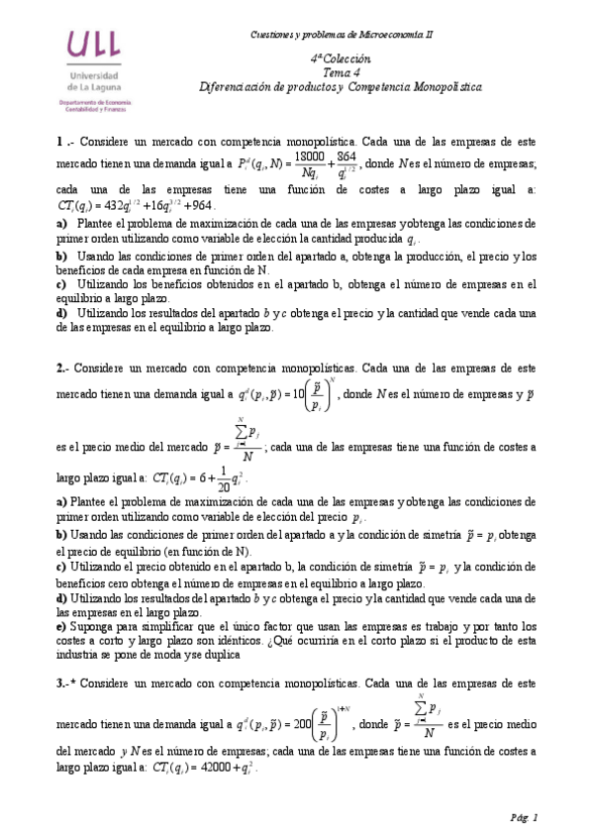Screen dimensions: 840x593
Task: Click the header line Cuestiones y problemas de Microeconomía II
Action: tap(342, 35)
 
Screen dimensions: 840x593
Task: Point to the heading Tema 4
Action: tap(341, 73)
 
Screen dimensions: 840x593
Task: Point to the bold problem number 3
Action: tap(61, 683)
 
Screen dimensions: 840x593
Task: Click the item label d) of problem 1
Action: tap(61, 313)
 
